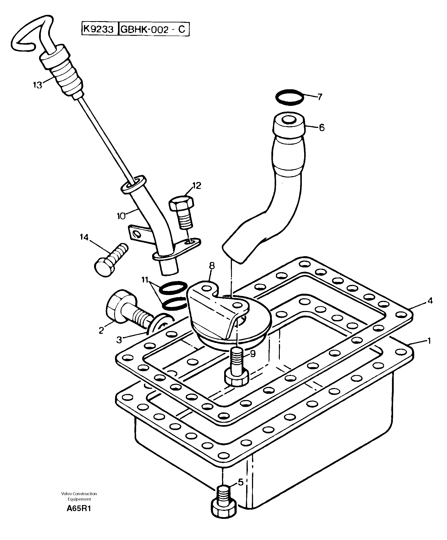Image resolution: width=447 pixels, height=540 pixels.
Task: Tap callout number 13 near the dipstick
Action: [x=38, y=85]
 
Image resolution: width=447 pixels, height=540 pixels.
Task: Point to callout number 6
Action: [x=322, y=127]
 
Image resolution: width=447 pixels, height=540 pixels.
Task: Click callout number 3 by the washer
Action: [x=119, y=340]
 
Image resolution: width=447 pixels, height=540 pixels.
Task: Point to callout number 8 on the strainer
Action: [x=212, y=266]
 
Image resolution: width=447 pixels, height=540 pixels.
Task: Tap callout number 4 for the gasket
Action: [x=430, y=300]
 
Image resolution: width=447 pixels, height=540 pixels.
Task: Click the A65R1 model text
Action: [x=79, y=509]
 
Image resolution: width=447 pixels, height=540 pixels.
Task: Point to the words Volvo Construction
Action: [x=79, y=493]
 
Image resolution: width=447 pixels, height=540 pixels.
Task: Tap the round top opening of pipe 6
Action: [x=289, y=119]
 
